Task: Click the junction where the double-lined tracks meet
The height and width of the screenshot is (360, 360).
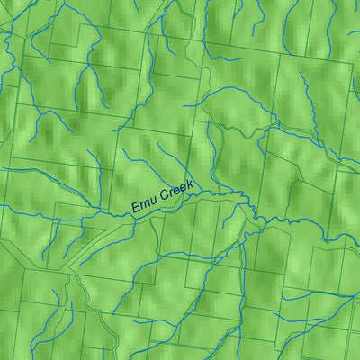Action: click(x=76, y=274)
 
